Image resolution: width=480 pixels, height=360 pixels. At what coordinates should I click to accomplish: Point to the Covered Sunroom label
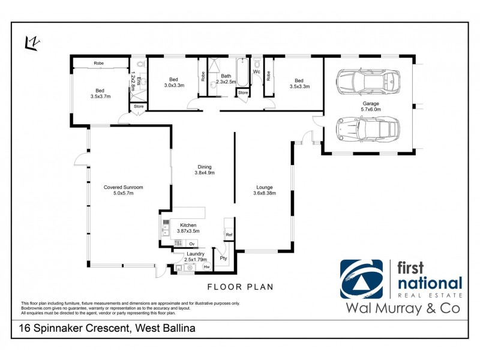point(123,190)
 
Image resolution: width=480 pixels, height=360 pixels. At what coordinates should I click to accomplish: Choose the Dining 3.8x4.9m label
point(204,170)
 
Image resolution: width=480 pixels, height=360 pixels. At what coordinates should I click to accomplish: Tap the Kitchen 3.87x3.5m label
point(188,228)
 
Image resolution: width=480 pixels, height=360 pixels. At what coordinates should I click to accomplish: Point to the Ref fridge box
point(229,235)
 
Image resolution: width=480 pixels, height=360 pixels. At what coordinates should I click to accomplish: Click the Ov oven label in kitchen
point(192,244)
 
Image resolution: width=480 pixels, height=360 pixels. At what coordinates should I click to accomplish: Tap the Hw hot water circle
point(206,266)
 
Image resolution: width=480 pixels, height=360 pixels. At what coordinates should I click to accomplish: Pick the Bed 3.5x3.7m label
point(100,93)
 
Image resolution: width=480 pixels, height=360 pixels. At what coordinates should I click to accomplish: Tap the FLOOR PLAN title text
point(240,287)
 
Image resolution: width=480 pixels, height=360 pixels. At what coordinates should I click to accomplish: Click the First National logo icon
point(361,278)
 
